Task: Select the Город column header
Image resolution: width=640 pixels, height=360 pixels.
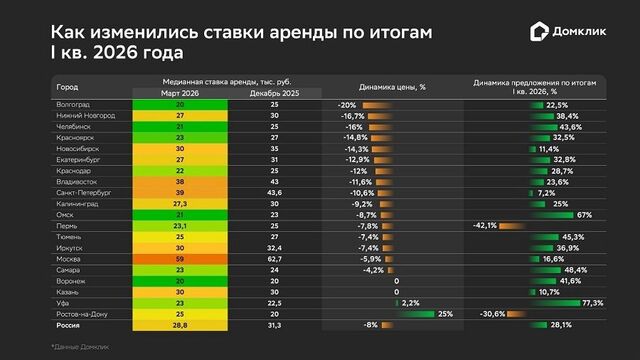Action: tap(67, 87)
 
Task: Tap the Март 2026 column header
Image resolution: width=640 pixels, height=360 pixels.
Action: tap(181, 93)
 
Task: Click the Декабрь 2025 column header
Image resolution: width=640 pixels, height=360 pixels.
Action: tap(273, 93)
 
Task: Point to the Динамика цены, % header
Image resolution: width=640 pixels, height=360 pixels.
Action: tap(393, 87)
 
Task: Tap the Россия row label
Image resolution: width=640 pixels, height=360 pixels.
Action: tap(70, 325)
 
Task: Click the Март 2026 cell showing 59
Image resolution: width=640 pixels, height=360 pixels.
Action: tap(181, 259)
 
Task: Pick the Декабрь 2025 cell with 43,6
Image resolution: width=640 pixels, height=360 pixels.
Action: tap(273, 193)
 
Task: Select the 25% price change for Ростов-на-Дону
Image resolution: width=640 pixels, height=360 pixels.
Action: tap(446, 314)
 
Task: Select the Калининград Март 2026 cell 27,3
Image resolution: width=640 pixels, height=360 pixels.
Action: tap(181, 204)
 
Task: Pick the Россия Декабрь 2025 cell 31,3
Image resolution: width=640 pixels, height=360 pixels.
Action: tap(273, 325)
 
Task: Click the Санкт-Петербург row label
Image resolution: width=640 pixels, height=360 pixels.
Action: tap(85, 193)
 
